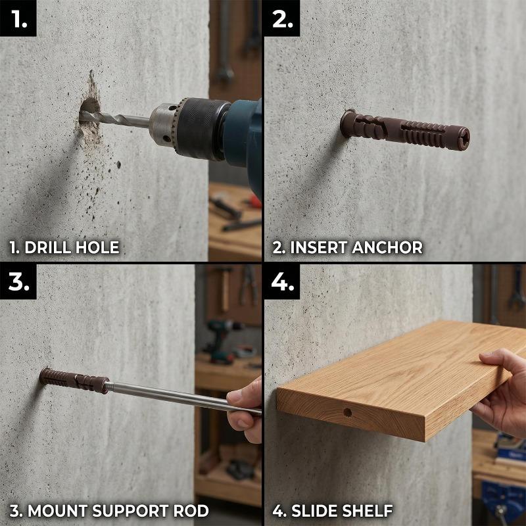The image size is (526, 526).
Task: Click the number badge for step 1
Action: click(18, 18)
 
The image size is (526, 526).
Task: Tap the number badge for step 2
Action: click(282, 18)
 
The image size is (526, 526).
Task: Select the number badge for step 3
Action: click(18, 281)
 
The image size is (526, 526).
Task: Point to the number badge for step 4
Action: click(282, 281)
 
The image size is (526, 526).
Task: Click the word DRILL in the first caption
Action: click(48, 247)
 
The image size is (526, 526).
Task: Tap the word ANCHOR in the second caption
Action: click(387, 247)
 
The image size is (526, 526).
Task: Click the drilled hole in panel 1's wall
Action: click(89, 110)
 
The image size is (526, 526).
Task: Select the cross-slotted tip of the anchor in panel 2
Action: click(464, 138)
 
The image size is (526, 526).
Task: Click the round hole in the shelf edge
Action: click(348, 412)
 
